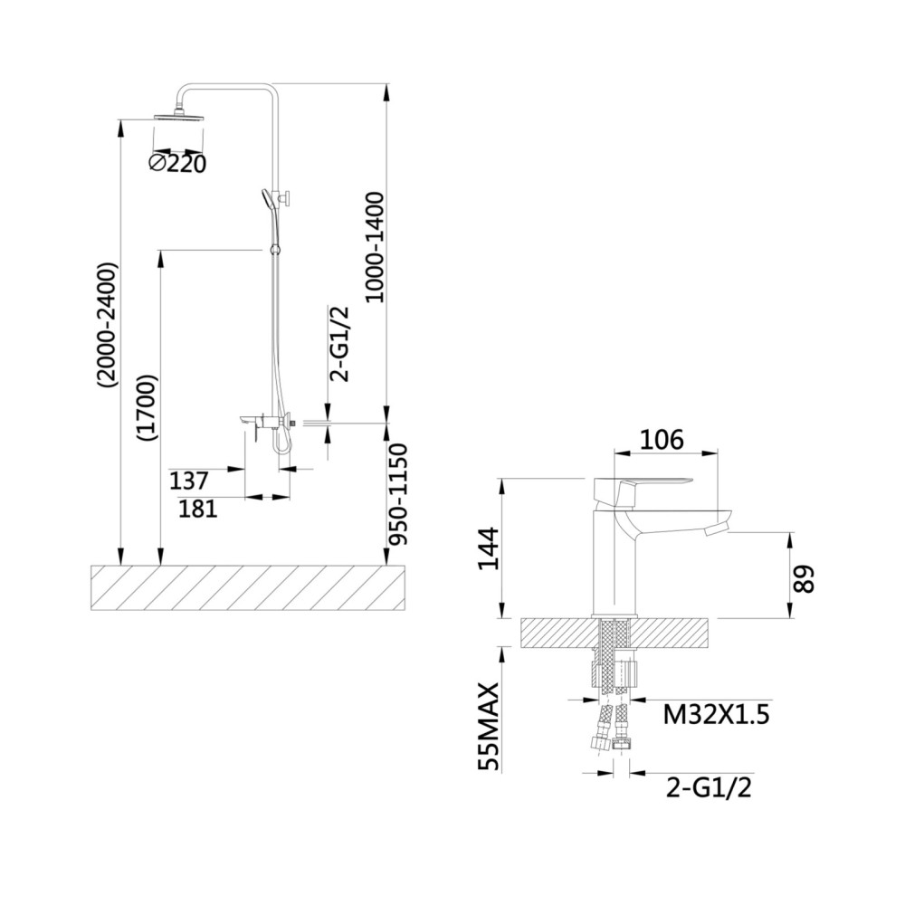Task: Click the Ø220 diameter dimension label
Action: point(177,163)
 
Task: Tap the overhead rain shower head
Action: point(179,116)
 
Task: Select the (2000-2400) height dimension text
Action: point(108,326)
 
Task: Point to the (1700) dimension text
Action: point(148,409)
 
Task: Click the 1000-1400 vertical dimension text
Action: point(376,247)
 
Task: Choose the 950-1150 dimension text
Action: point(397,494)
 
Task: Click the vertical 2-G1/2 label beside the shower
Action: point(338,344)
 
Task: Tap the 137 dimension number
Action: point(189,481)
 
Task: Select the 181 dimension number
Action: point(198,509)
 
